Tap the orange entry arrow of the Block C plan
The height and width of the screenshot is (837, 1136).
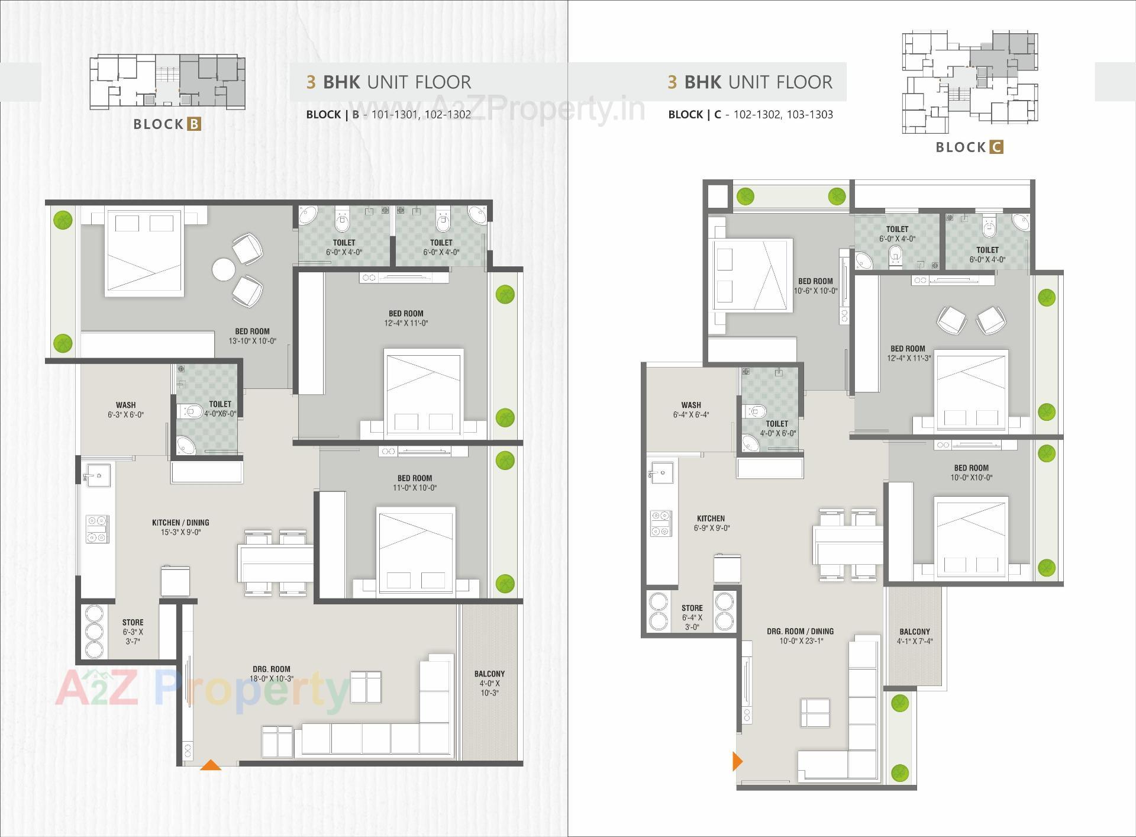737,761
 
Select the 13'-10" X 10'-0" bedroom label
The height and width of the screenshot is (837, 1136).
252,336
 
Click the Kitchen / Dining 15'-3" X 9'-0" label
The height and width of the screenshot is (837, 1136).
180,527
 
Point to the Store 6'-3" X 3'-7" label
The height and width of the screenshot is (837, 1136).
133,632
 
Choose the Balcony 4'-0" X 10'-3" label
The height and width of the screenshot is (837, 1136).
489,683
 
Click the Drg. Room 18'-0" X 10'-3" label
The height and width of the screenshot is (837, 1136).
271,674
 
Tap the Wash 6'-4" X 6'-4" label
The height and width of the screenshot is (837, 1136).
690,410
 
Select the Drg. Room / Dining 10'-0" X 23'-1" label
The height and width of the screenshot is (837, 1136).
800,636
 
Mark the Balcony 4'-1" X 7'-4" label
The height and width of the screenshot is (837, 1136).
914,636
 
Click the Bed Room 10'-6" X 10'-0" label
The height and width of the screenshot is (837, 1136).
815,286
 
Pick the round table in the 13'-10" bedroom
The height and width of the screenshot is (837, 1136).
224,270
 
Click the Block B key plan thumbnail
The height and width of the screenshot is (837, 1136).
167,82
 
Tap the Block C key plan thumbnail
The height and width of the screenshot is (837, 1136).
969,82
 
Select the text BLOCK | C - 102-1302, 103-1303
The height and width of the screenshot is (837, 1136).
750,115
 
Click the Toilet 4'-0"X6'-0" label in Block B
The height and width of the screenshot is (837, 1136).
220,408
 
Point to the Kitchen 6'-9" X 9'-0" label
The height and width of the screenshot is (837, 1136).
711,523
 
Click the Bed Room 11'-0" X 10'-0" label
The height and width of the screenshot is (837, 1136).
415,482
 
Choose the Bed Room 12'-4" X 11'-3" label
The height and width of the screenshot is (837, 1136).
908,353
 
